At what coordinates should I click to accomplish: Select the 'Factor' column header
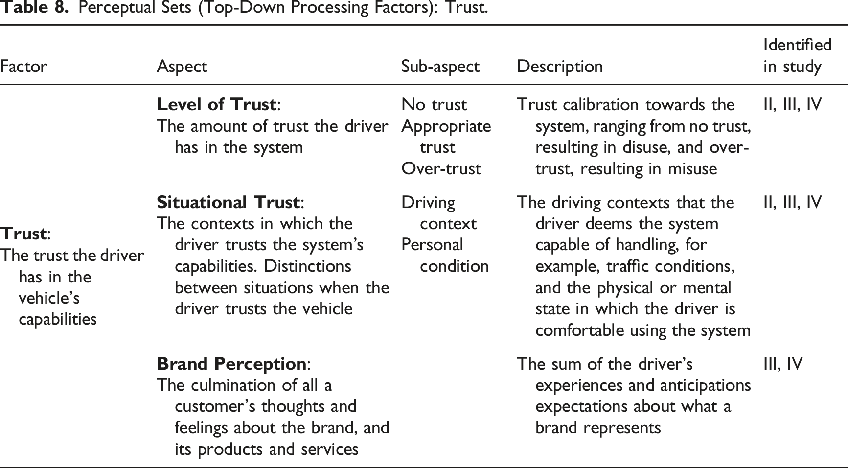click(23, 66)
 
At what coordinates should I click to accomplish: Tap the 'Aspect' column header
click(182, 67)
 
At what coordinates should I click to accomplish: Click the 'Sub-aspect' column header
click(440, 67)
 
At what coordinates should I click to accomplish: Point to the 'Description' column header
click(560, 67)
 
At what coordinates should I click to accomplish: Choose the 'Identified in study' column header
click(798, 55)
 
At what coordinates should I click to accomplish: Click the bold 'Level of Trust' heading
click(217, 104)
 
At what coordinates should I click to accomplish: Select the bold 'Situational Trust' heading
click(228, 202)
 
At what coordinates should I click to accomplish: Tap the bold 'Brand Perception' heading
click(231, 364)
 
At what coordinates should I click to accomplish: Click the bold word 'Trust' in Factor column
click(23, 234)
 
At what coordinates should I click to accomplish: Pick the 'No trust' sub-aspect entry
click(434, 104)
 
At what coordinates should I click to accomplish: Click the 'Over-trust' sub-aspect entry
click(441, 168)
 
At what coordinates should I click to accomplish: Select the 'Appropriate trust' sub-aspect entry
click(446, 137)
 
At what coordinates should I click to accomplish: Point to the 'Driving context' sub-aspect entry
click(439, 213)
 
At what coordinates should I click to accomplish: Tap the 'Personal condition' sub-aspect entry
click(445, 255)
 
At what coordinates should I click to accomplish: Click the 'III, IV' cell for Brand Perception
click(783, 364)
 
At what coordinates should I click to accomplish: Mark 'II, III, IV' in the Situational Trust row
click(792, 202)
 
